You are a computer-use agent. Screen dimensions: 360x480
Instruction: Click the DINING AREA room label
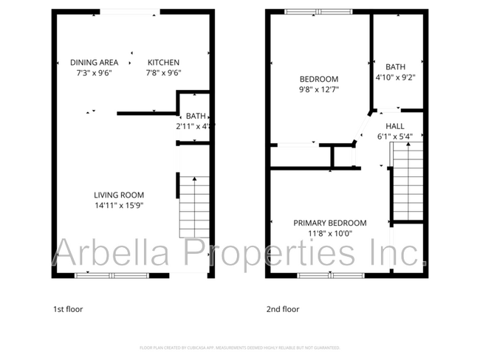[x=94, y=62]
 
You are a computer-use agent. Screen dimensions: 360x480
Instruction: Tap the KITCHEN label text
[x=163, y=62]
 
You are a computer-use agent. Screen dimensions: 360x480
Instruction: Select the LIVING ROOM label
[x=118, y=195]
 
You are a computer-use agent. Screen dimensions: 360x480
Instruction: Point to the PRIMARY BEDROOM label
[x=329, y=223]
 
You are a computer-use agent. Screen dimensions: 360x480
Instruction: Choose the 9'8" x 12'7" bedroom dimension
[x=318, y=90]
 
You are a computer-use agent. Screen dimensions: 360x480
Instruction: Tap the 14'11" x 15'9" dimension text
[x=118, y=205]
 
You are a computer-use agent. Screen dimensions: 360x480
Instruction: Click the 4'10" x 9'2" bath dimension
[x=395, y=76]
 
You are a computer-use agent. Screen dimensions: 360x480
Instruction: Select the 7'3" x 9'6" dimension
[x=94, y=72]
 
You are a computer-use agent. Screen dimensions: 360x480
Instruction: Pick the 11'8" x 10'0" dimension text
[x=329, y=233]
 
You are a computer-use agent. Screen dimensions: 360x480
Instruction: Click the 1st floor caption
[x=69, y=309]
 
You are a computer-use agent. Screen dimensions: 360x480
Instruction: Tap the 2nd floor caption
[x=283, y=309]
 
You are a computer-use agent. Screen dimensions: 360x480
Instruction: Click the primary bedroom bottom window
[x=329, y=275]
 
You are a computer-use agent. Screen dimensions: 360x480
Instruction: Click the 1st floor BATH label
[x=196, y=116]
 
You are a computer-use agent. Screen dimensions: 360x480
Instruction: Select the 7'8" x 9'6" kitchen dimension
[x=163, y=72]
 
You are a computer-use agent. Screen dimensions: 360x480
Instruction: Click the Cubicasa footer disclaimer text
[x=240, y=347]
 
